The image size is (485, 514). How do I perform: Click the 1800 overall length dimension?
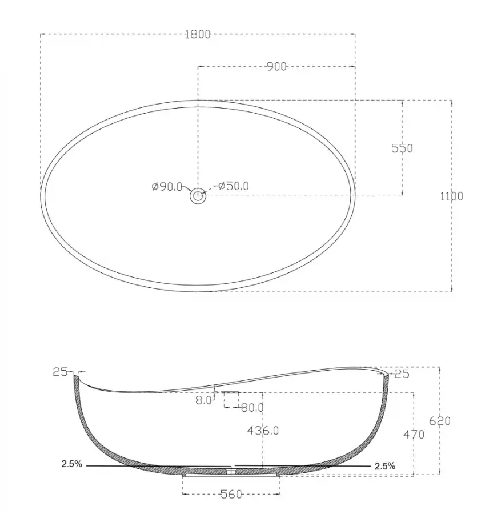(198, 34)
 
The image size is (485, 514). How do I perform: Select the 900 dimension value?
(276, 67)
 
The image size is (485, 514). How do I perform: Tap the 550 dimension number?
(402, 148)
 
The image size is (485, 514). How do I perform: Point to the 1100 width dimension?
(451, 196)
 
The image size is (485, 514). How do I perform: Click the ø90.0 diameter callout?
(167, 187)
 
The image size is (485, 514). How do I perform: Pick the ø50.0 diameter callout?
(234, 186)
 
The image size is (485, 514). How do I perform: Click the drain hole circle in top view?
(198, 196)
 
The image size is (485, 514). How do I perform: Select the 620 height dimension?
(440, 421)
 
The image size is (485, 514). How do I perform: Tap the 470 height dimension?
(414, 435)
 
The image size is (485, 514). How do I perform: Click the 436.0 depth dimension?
(263, 431)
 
